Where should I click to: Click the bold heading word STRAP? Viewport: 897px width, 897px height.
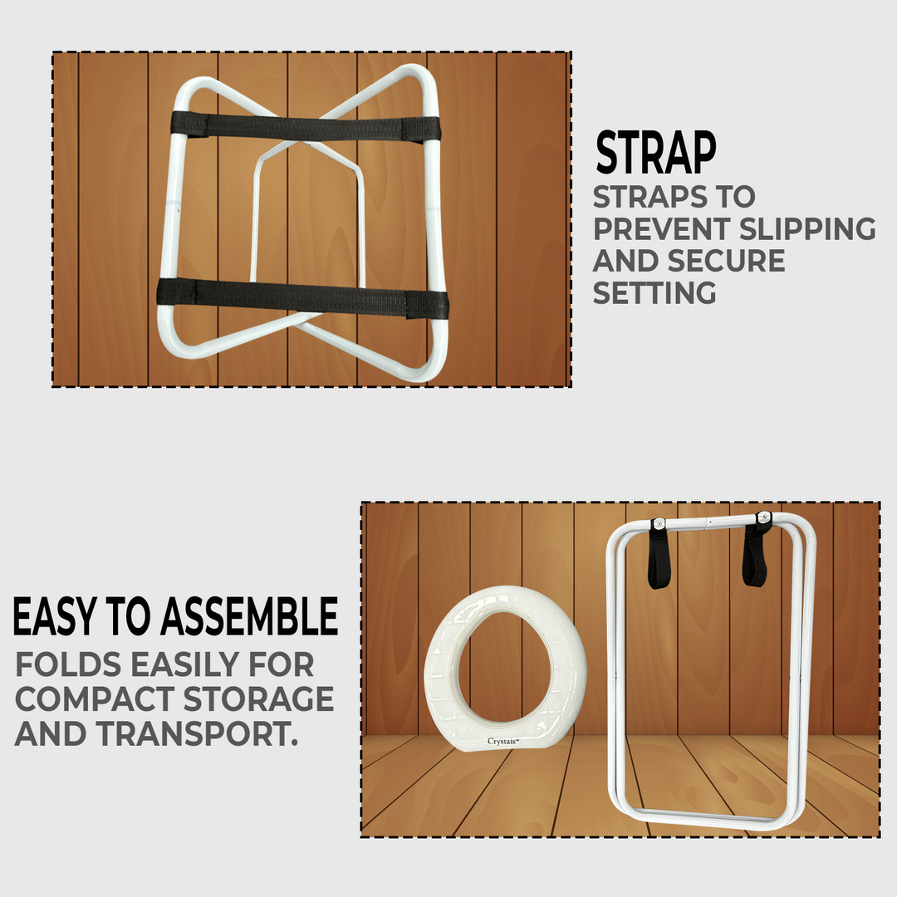tap(655, 153)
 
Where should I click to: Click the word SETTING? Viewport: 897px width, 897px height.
tap(654, 292)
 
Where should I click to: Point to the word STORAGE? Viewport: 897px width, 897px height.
tap(257, 698)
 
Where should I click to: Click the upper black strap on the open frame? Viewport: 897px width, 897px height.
tap(305, 127)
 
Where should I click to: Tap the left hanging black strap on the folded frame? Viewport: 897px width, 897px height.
tap(659, 556)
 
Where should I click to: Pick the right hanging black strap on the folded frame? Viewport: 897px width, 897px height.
tap(755, 552)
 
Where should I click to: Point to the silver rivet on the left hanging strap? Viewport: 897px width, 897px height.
tap(659, 523)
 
